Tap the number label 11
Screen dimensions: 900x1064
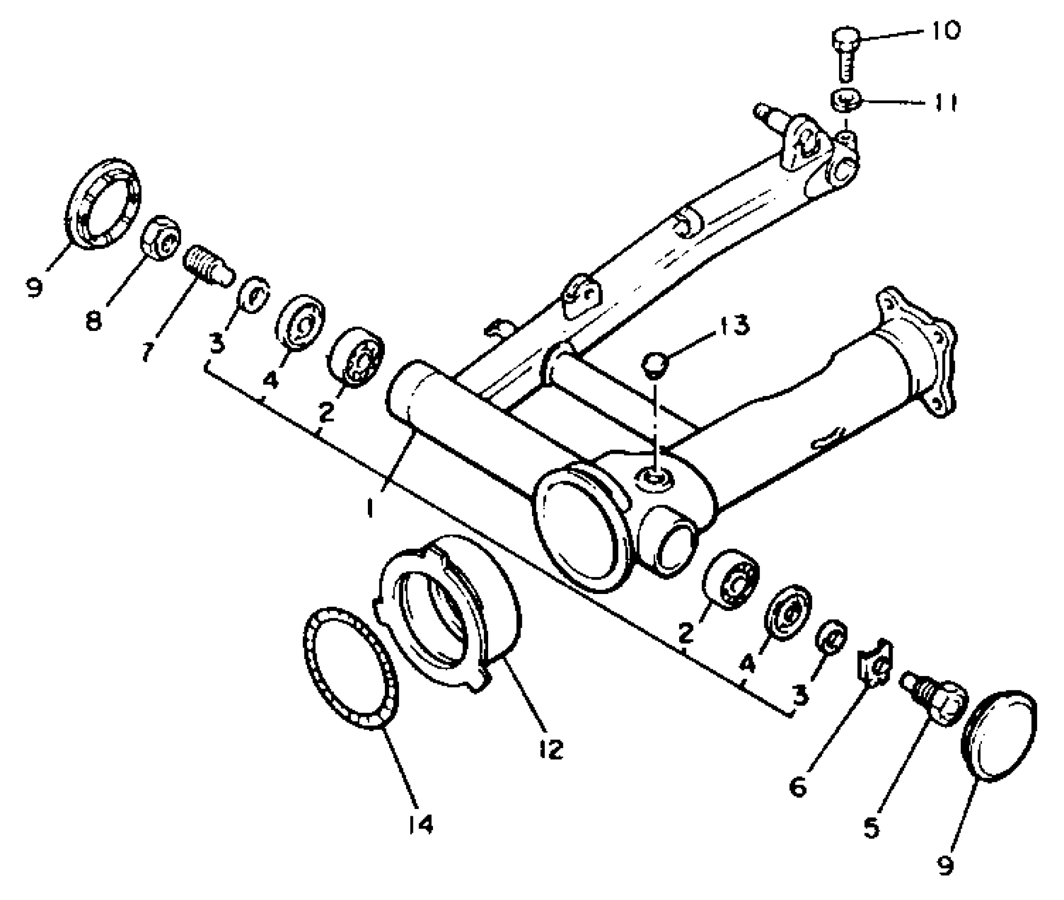[x=945, y=103]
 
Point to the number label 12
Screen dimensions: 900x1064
[x=549, y=749]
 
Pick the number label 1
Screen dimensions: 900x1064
[x=369, y=508]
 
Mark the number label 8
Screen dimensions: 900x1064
[x=94, y=320]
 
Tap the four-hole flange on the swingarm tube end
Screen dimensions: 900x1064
[x=921, y=349]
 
